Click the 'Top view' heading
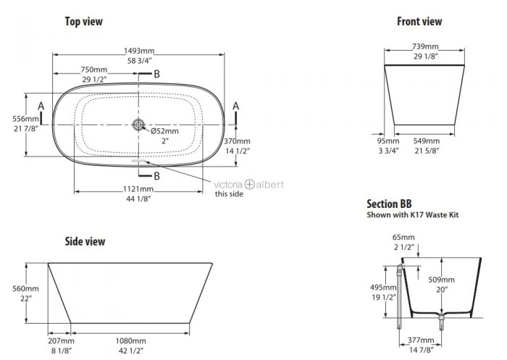click(x=84, y=21)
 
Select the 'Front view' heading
click(x=419, y=21)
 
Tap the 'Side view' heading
click(x=85, y=241)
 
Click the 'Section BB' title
click(x=389, y=204)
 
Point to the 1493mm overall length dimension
click(x=139, y=51)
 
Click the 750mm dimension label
click(x=93, y=70)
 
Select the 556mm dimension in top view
click(x=25, y=119)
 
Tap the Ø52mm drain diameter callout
click(x=164, y=131)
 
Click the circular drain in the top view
click(x=139, y=125)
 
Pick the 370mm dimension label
click(x=237, y=141)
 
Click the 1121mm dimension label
click(x=138, y=189)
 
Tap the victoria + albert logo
click(x=248, y=185)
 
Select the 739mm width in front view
click(x=425, y=46)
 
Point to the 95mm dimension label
click(x=388, y=141)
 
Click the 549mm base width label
click(x=427, y=141)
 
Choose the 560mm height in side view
click(x=25, y=288)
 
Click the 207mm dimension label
click(x=61, y=341)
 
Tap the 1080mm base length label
click(x=130, y=341)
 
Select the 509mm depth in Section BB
click(x=441, y=280)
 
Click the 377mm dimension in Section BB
click(x=421, y=340)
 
